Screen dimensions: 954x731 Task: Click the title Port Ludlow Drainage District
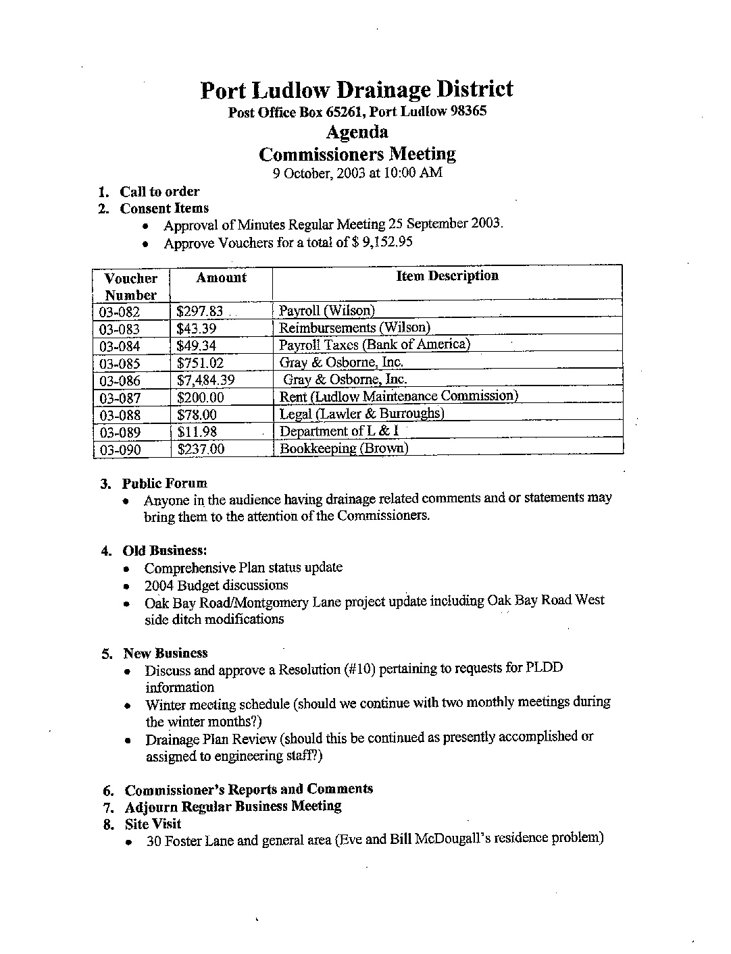pyautogui.click(x=357, y=90)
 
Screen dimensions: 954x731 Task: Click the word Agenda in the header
pyautogui.click(x=357, y=131)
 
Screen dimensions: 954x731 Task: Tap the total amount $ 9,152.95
pyautogui.click(x=382, y=242)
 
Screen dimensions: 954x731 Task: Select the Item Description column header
pyautogui.click(x=447, y=276)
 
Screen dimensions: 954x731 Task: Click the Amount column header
pyautogui.click(x=221, y=277)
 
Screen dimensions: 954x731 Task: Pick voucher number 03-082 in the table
pyautogui.click(x=120, y=312)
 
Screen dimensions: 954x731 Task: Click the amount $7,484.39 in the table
pyautogui.click(x=205, y=380)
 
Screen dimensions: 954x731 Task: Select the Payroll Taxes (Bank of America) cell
pyautogui.click(x=374, y=344)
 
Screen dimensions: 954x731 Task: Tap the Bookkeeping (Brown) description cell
pyautogui.click(x=344, y=448)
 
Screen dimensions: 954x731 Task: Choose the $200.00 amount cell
pyautogui.click(x=200, y=398)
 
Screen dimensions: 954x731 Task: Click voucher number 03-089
pyautogui.click(x=120, y=433)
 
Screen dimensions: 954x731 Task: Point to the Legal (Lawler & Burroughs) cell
pyautogui.click(x=361, y=414)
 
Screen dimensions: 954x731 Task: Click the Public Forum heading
pyautogui.click(x=164, y=483)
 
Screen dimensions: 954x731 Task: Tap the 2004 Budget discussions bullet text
pyautogui.click(x=216, y=585)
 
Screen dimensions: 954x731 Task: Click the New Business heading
pyautogui.click(x=165, y=654)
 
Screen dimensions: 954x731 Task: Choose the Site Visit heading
pyautogui.click(x=153, y=824)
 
